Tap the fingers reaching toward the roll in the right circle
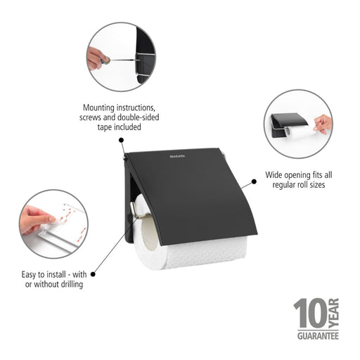[322, 124]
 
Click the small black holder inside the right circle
[285, 125]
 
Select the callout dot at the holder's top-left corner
[121, 140]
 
